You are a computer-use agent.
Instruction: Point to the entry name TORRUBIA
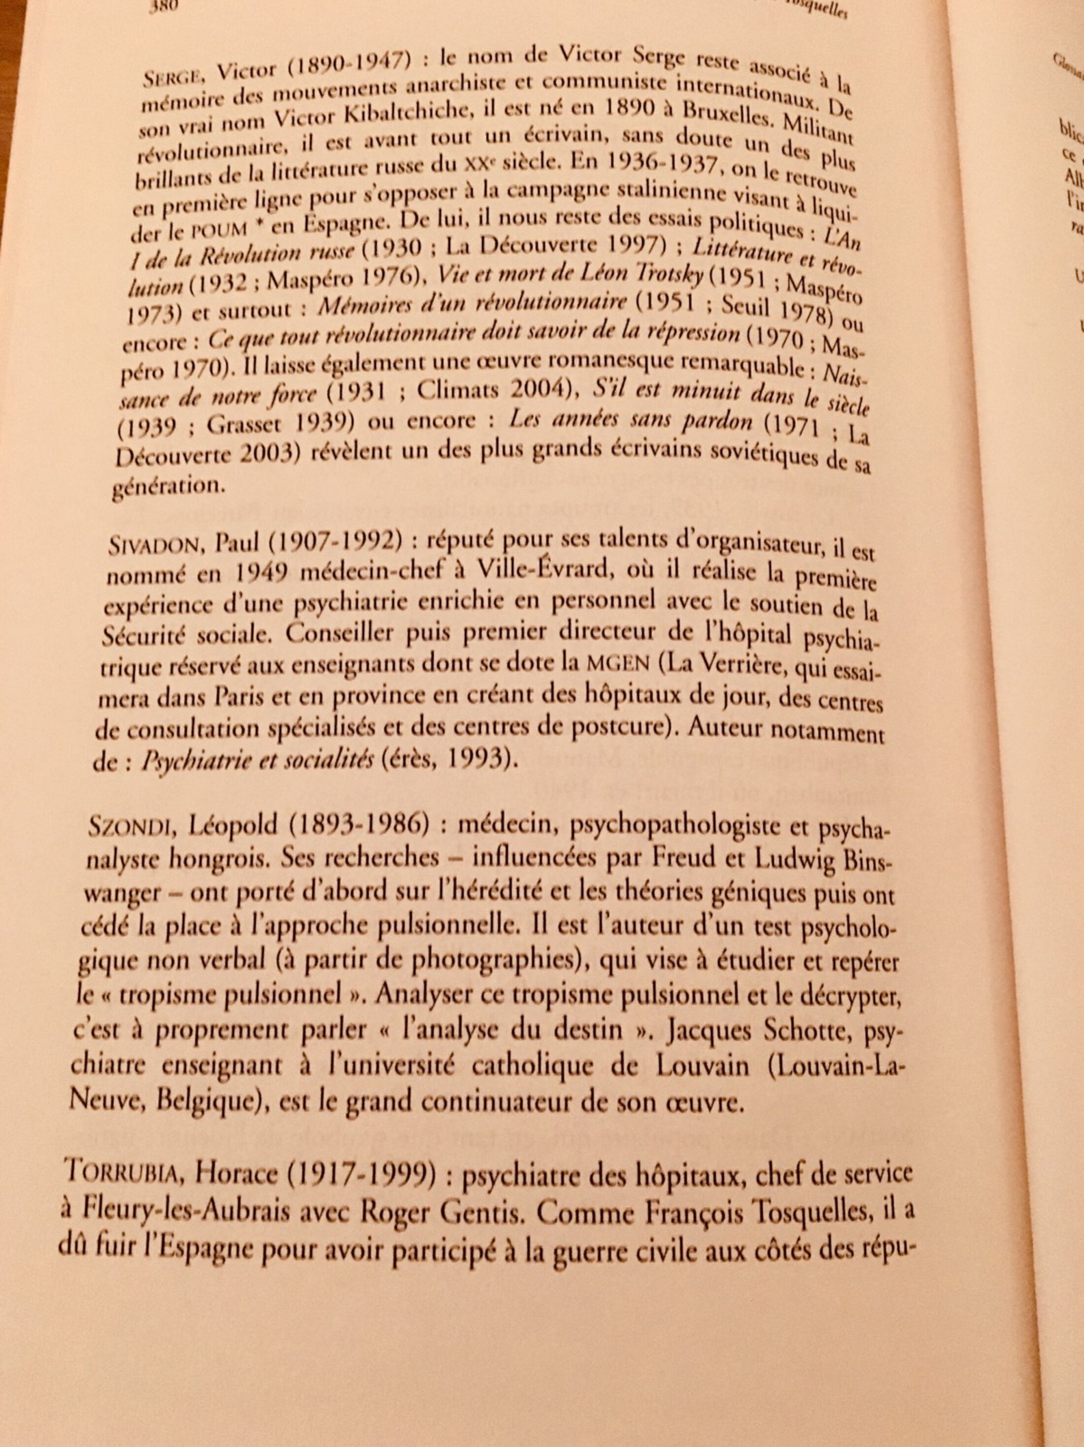pyautogui.click(x=118, y=1173)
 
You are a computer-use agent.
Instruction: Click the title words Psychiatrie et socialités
pyautogui.click(x=257, y=759)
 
